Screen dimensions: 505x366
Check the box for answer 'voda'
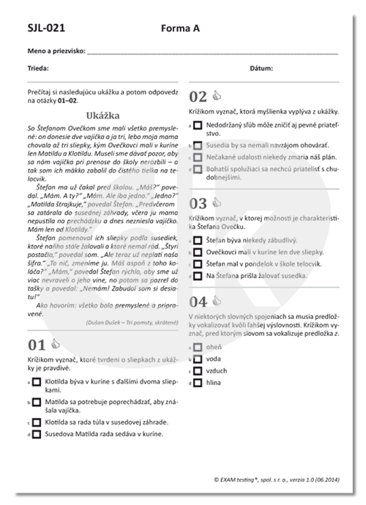point(198,359)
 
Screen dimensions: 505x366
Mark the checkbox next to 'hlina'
point(198,382)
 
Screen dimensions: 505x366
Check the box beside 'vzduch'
point(198,371)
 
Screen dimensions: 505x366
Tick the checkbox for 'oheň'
point(198,348)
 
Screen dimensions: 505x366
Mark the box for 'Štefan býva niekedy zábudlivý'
point(198,240)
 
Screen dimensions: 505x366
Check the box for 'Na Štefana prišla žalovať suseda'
point(198,276)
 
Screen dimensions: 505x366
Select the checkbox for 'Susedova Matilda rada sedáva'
point(36,435)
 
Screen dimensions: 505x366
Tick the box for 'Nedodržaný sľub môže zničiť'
point(198,126)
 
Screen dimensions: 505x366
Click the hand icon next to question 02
point(217,95)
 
